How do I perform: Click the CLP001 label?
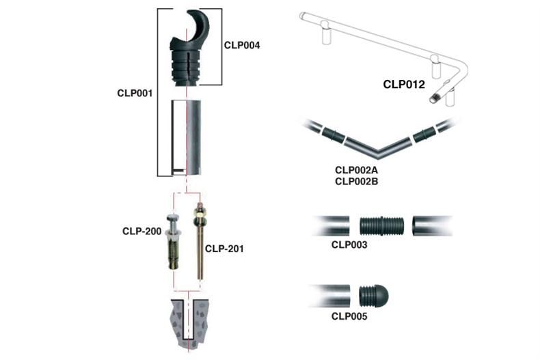pos(135,93)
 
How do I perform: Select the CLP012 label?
pos(404,85)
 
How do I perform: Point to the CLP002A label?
pos(357,170)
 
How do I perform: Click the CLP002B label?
pos(357,181)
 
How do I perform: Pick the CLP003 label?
pos(349,244)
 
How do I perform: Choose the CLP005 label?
pos(349,316)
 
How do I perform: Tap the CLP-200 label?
pos(141,232)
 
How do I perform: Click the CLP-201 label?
pos(224,249)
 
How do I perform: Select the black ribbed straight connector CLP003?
pos(381,225)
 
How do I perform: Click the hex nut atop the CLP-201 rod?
pos(200,218)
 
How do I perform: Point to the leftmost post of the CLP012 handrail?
pos(325,33)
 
